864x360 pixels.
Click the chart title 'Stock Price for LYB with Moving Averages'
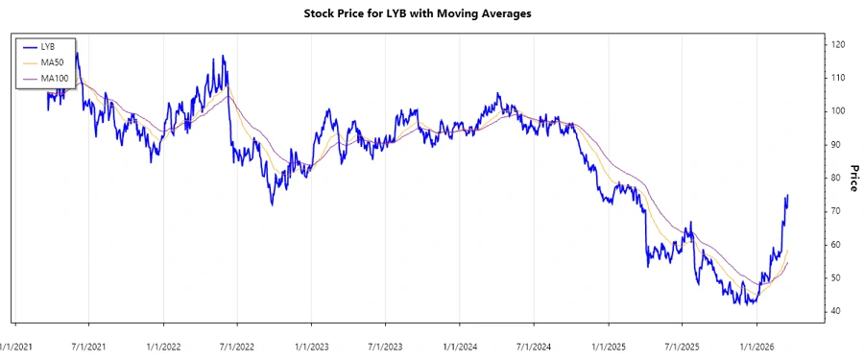[x=431, y=13]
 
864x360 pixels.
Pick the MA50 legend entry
[x=51, y=61]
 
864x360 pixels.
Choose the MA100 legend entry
[x=53, y=77]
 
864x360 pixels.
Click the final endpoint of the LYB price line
[x=788, y=195]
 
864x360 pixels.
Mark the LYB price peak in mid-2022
[x=223, y=56]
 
